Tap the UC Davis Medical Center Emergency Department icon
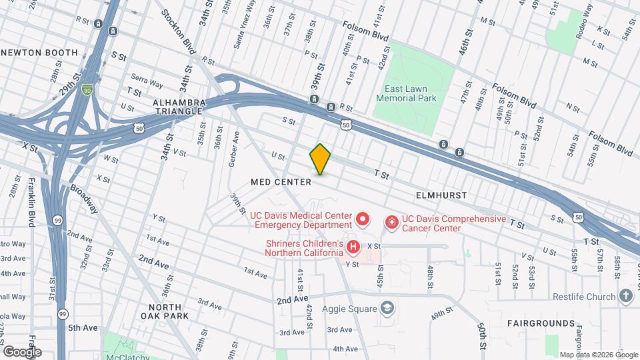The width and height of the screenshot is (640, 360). (x=363, y=219)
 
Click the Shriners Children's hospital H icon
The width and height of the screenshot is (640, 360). (x=353, y=247)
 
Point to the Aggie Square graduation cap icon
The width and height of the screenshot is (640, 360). (x=387, y=307)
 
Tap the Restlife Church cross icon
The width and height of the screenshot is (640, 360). (x=625, y=295)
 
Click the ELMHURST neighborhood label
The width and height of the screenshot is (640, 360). (x=441, y=195)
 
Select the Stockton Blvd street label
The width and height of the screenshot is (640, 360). (x=179, y=26)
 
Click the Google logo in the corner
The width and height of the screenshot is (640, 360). (x=22, y=351)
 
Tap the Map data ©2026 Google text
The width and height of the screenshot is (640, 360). (x=598, y=355)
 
